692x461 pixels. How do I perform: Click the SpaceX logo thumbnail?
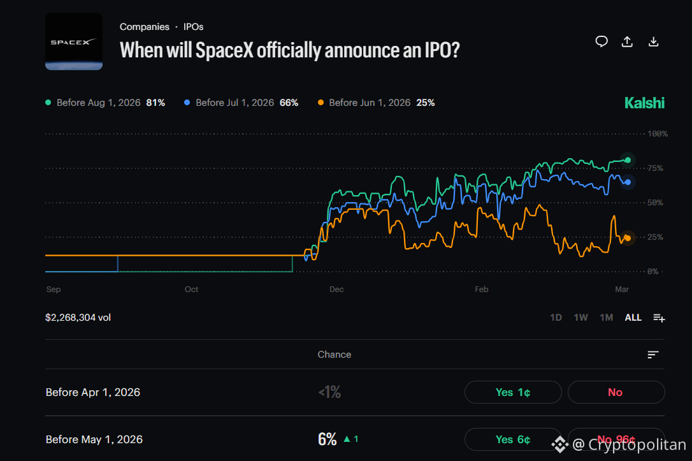74,41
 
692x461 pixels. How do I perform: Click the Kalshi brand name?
644,103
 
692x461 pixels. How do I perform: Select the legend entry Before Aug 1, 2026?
105,103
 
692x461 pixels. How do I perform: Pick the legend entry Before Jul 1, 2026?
241,103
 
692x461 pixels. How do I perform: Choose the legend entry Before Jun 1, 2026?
375,103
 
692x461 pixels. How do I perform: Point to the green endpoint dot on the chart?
628,160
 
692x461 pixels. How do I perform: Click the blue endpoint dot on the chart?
628,182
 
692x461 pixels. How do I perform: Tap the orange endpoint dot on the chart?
628,238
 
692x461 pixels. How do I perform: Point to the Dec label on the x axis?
336,289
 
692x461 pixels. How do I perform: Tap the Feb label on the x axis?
481,289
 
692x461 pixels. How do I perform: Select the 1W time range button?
580,318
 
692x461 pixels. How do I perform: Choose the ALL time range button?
633,318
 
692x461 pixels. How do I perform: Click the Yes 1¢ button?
513,392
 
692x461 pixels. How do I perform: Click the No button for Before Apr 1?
616,392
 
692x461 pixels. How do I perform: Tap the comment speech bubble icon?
602,41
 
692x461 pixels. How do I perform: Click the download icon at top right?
653,41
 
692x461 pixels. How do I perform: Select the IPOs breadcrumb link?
193,27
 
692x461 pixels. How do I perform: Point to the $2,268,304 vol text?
78,318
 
